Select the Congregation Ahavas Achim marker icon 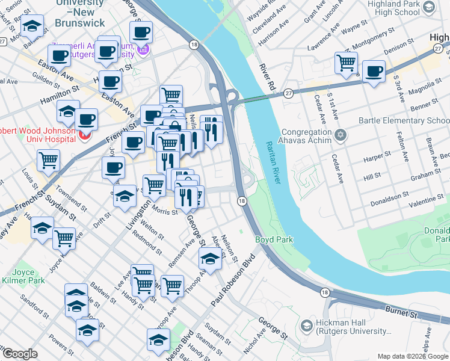pyautogui.click(x=341, y=134)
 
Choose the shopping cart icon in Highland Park pyautogui.click(x=347, y=62)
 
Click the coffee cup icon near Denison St pyautogui.click(x=374, y=70)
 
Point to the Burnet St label pyautogui.click(x=401, y=313)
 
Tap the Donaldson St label pyautogui.click(x=390, y=196)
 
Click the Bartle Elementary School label pyautogui.click(x=404, y=120)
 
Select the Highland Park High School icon pyautogui.click(x=428, y=7)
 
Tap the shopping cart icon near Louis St pyautogui.click(x=48, y=160)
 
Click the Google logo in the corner pyautogui.click(x=19, y=354)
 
